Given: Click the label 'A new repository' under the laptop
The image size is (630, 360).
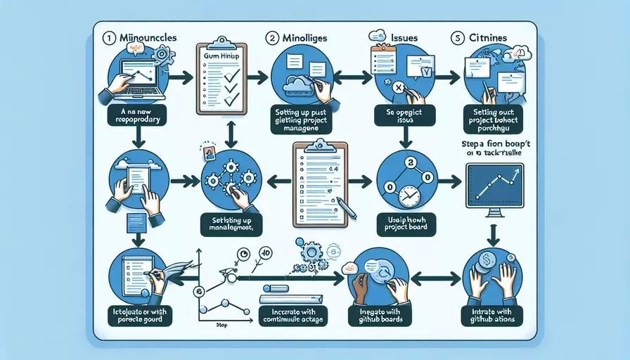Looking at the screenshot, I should (x=137, y=115).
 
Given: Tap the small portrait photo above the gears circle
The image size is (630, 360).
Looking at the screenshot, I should (x=207, y=151).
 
